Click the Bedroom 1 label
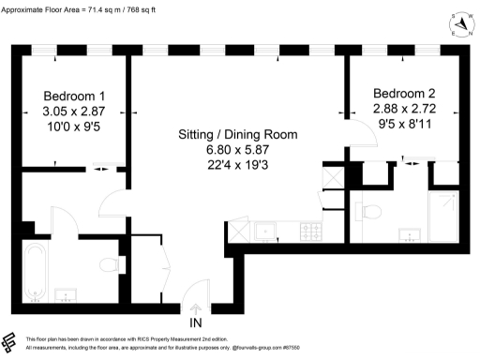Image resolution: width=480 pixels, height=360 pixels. tap(75, 96)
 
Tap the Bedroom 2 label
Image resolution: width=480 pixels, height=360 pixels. tap(405, 93)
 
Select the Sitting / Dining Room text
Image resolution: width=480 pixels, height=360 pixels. tap(237, 134)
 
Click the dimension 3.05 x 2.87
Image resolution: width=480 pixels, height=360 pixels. tap(75, 111)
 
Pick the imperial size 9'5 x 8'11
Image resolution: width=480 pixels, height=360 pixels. tap(405, 123)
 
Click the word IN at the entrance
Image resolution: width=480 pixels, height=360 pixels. tap(196, 323)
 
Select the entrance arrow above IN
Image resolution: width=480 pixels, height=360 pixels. tap(196, 307)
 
